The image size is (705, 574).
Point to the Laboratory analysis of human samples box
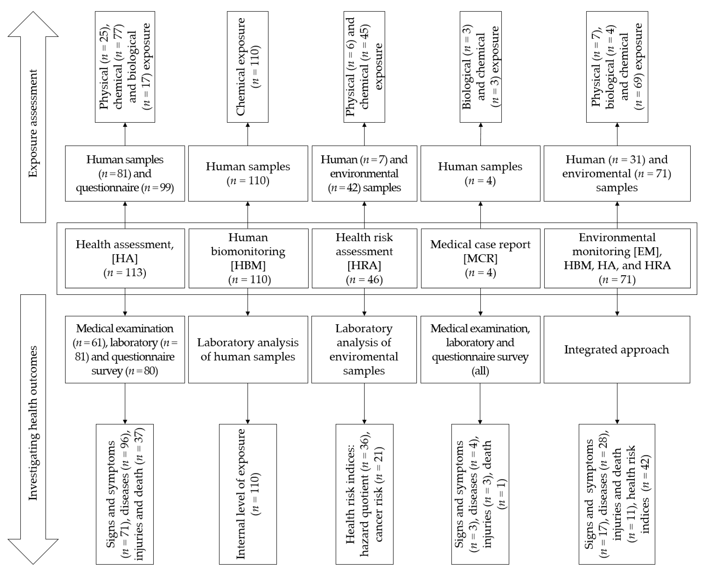click(248, 349)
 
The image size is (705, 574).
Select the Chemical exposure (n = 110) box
click(247, 67)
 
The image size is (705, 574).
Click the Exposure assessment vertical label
click(33, 123)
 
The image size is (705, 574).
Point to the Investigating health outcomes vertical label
click(33, 423)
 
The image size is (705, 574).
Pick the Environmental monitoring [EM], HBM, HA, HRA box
click(617, 258)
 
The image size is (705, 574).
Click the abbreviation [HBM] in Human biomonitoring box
click(248, 265)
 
